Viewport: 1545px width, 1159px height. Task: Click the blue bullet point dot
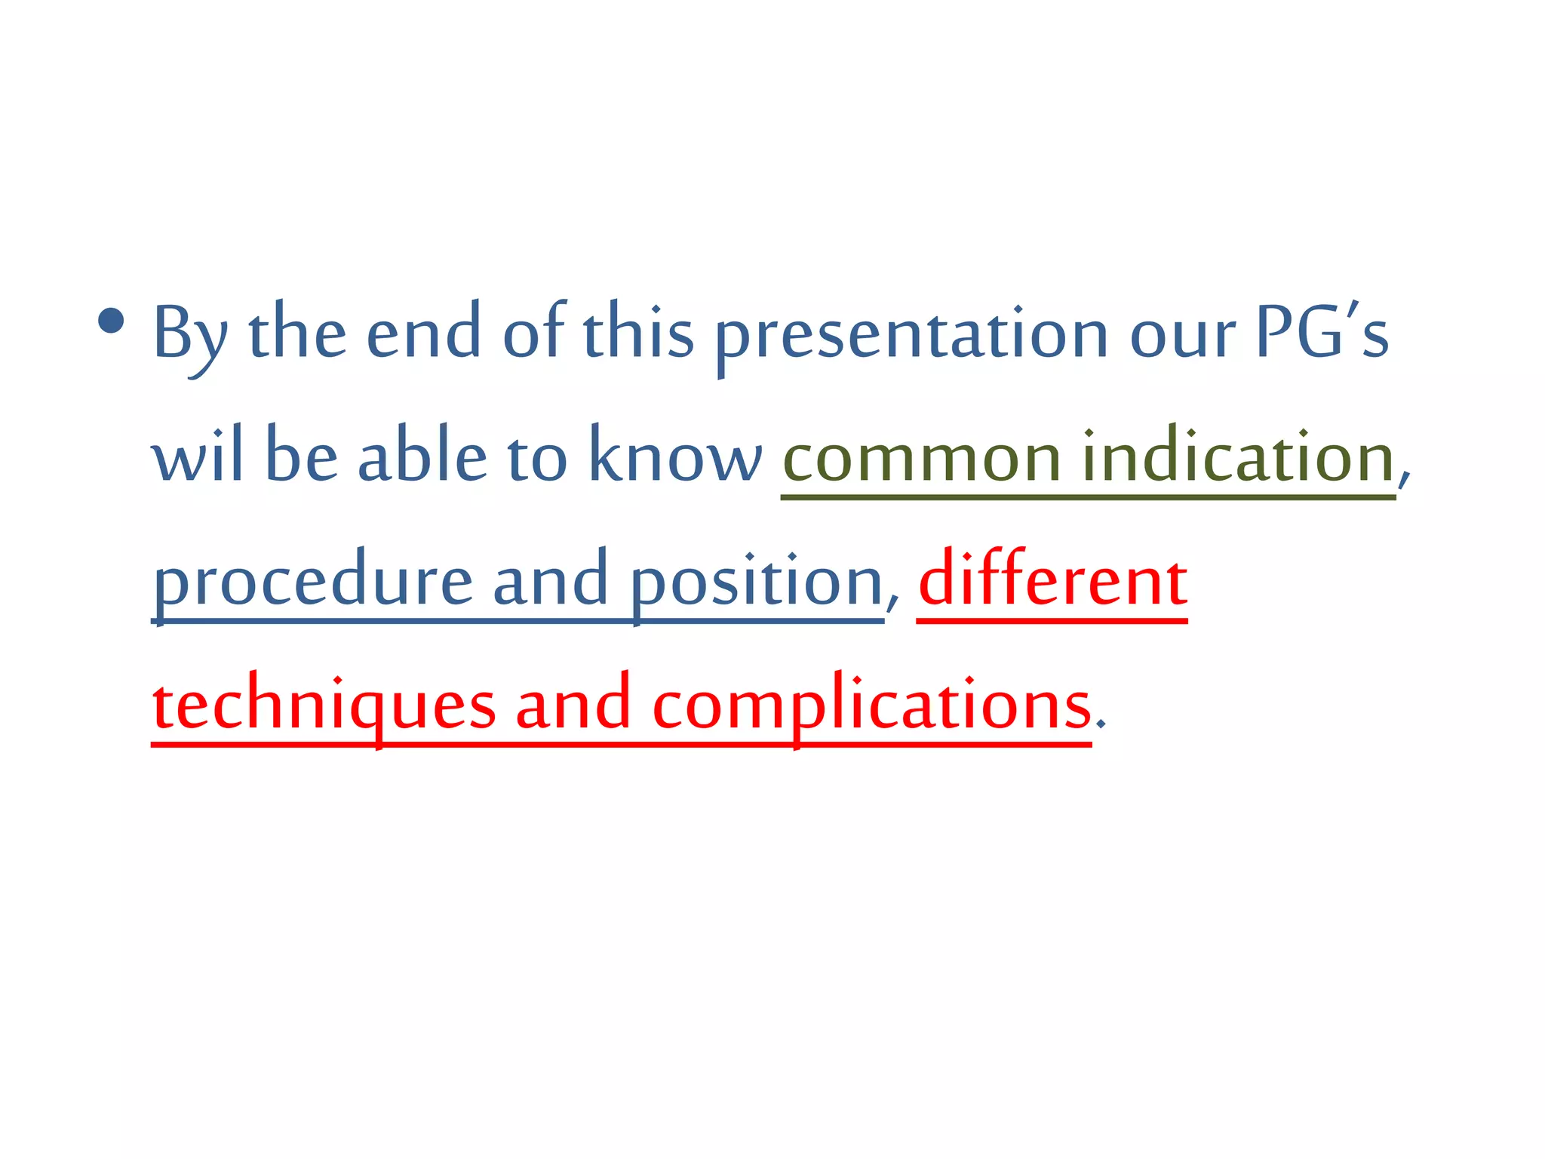click(x=111, y=322)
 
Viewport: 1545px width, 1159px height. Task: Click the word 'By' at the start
click(x=189, y=336)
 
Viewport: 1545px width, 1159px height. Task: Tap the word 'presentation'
click(x=911, y=336)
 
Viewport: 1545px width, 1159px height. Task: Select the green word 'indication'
click(x=1237, y=458)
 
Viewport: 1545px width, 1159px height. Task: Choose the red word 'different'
click(x=1053, y=581)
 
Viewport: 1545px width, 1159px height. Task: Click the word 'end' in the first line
click(x=423, y=336)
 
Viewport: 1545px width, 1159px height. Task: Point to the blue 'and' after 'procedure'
click(x=550, y=581)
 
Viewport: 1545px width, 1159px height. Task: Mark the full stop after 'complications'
click(x=1101, y=724)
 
